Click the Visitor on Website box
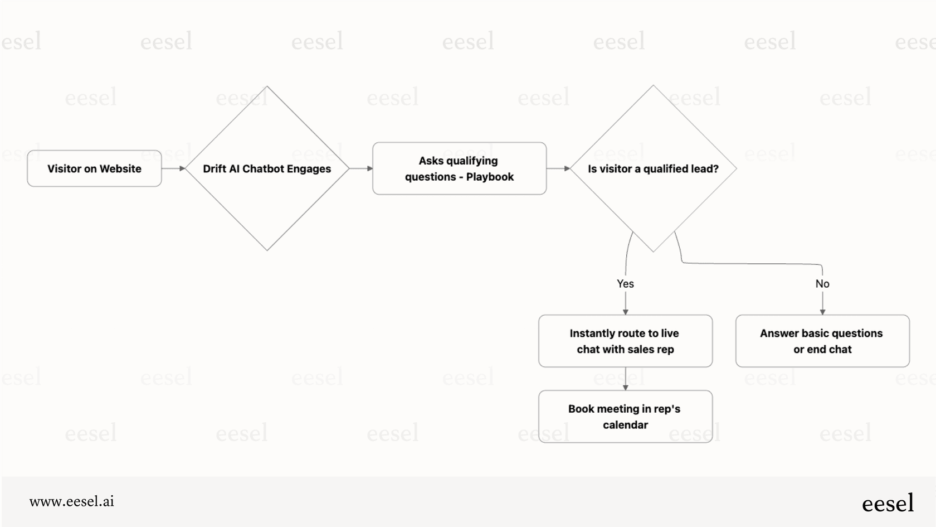[94, 168]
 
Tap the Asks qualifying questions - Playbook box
[459, 168]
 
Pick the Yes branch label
[625, 283]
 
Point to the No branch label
[822, 283]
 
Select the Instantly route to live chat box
[625, 341]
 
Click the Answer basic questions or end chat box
[822, 341]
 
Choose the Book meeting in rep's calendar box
[625, 417]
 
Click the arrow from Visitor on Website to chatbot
[173, 168]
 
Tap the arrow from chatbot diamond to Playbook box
[361, 168]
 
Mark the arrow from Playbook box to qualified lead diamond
[558, 168]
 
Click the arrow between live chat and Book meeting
[626, 379]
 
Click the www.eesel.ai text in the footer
[72, 501]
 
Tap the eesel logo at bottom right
[888, 503]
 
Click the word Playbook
[490, 177]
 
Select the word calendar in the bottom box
[625, 425]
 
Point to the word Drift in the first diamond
[214, 168]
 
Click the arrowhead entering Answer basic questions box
[822, 312]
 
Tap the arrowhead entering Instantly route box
[626, 312]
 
